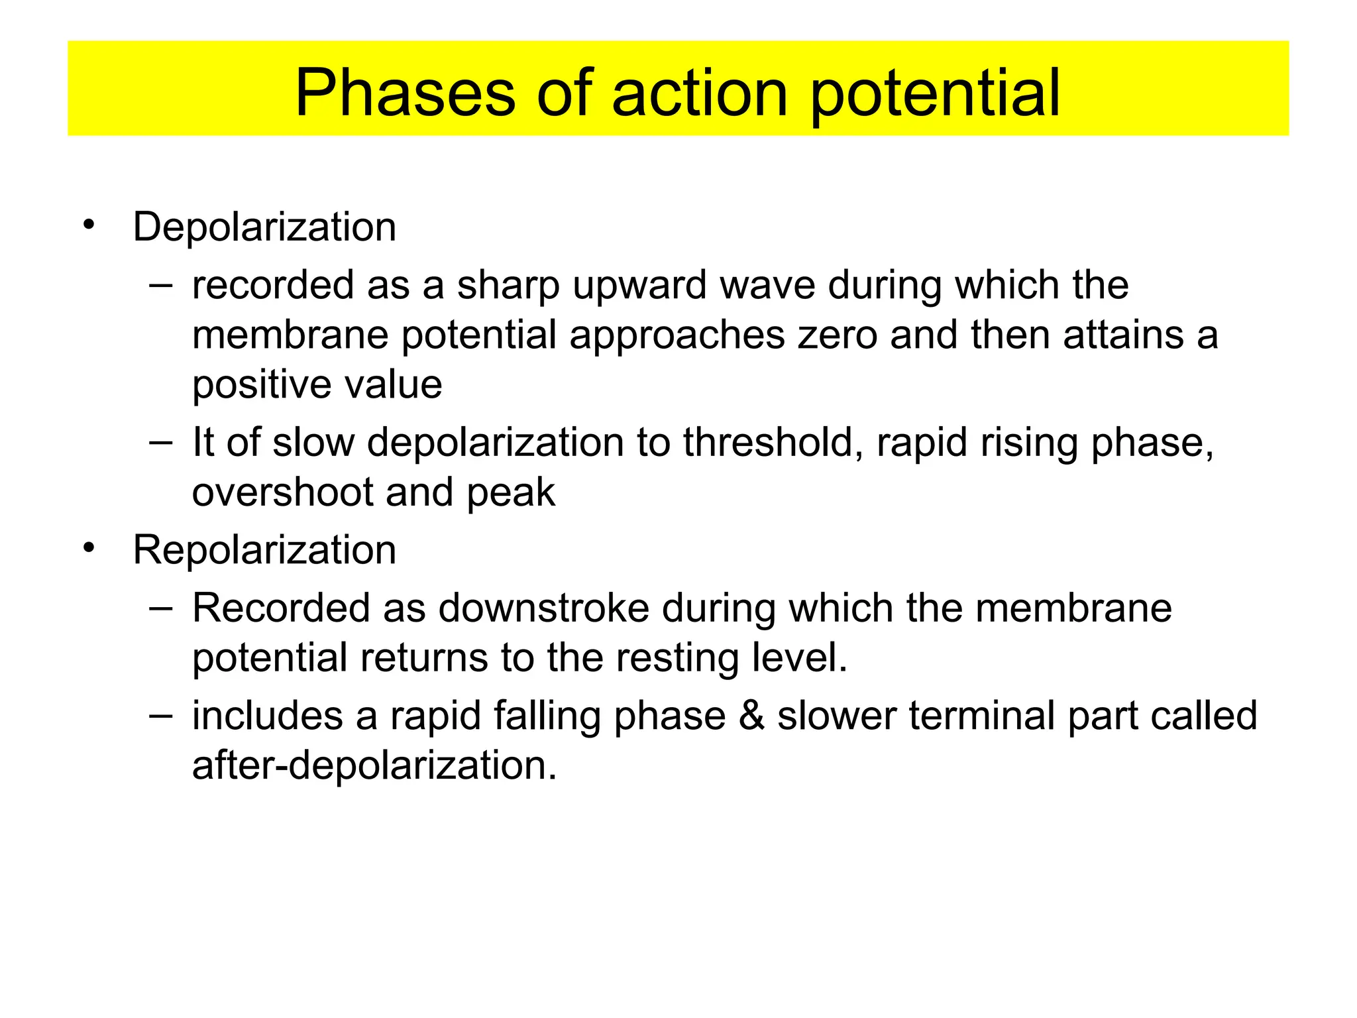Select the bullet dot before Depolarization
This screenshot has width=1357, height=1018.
click(x=89, y=225)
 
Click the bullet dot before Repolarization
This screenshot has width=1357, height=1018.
click(x=89, y=548)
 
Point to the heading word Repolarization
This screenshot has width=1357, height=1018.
click(x=264, y=550)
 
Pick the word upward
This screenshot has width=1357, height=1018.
click(x=639, y=286)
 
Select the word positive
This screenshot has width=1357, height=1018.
click(x=261, y=386)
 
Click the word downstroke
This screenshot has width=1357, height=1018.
click(x=543, y=608)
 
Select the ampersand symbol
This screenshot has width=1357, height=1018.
click(x=751, y=716)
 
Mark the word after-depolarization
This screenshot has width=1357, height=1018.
click(x=374, y=765)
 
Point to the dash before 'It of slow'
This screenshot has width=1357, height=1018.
click(x=160, y=442)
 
